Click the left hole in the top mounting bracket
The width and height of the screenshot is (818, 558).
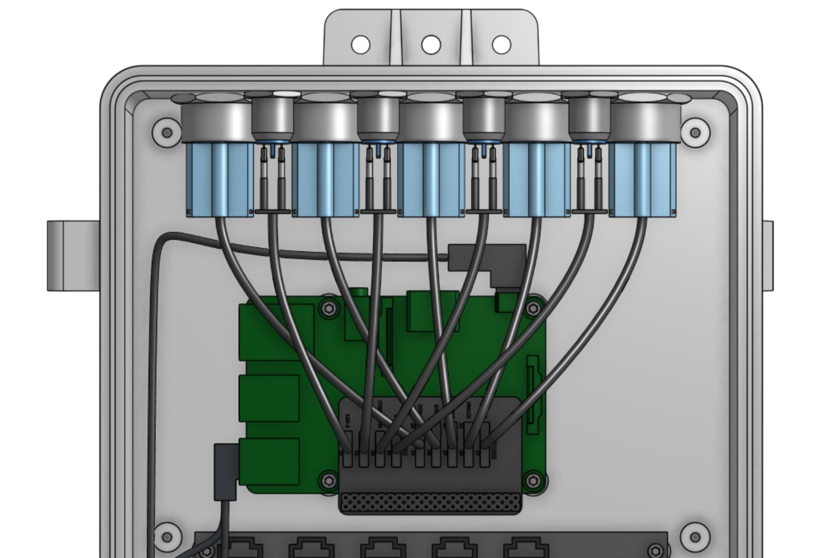360,44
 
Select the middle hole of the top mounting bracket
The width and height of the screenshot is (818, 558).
431,44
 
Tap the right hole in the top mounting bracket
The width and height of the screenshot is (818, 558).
502,44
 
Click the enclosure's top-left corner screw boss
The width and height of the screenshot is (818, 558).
166,132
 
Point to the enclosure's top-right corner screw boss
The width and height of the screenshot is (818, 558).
695,132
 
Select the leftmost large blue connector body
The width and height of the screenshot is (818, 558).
219,180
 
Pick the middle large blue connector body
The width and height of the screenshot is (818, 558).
431,180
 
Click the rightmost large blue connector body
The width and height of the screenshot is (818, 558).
643,180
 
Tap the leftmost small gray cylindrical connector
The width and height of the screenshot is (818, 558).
272,118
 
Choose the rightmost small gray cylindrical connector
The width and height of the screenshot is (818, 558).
589,118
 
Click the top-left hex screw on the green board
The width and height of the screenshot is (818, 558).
328,309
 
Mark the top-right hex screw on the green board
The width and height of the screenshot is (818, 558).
532,308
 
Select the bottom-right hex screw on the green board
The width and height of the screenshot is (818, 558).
532,481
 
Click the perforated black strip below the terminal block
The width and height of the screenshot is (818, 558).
430,503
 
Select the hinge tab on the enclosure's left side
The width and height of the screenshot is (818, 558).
72,256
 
